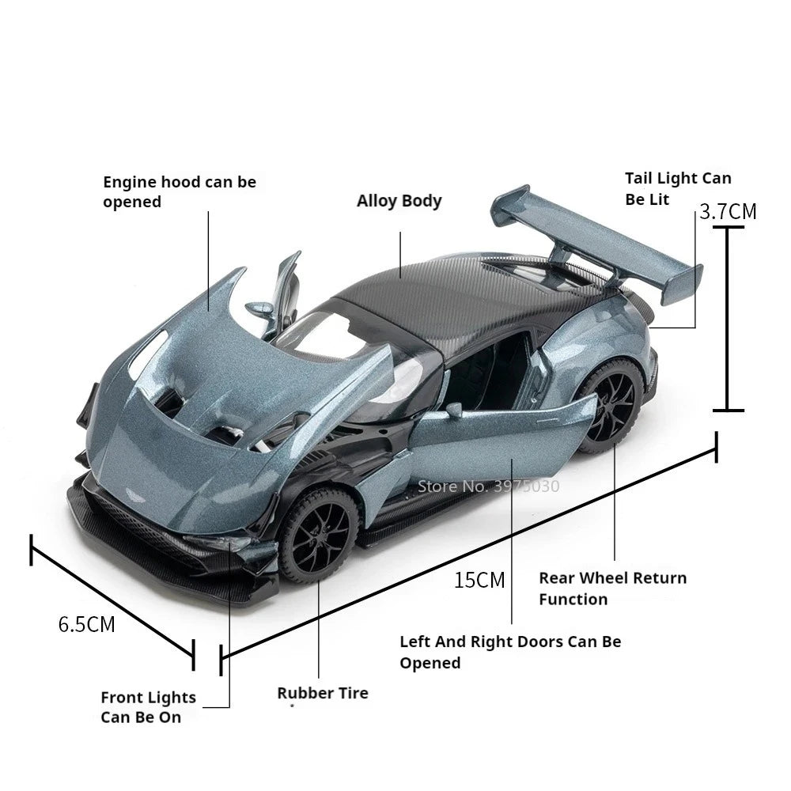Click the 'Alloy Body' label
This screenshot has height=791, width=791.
coord(399,201)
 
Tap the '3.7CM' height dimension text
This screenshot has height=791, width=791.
coord(728,212)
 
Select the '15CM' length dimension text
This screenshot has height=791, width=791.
coord(479,581)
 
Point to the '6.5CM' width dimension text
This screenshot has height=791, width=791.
coord(87,624)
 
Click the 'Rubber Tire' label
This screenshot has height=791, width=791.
coord(322,694)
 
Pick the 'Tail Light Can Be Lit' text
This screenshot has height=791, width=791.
coord(678,189)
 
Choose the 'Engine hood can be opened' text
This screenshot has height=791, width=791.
coord(180,191)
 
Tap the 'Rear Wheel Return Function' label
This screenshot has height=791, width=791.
coord(612,589)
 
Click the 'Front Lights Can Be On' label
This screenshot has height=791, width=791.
coord(148,707)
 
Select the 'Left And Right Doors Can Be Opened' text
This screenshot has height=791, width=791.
coord(510,652)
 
